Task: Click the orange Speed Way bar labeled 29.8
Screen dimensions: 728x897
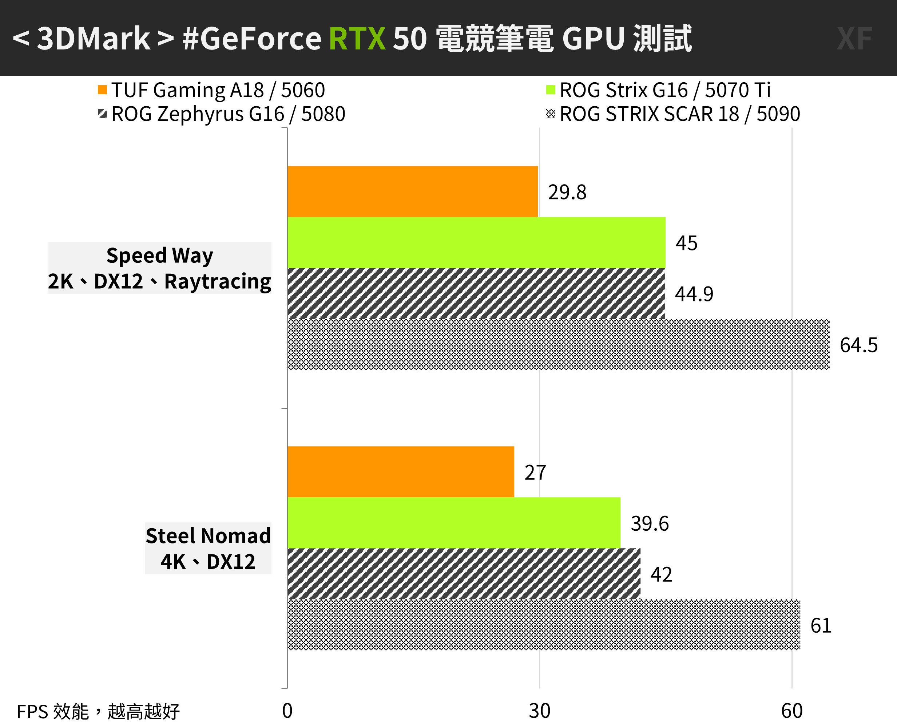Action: [412, 191]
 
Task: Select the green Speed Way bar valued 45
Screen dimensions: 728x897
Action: [476, 242]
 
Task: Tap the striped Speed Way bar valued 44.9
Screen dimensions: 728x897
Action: [476, 293]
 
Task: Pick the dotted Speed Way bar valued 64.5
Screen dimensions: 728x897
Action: [558, 345]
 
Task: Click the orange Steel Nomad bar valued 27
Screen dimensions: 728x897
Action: [401, 472]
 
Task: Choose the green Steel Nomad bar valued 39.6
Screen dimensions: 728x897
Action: [453, 523]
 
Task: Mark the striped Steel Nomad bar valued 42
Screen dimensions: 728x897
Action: [464, 574]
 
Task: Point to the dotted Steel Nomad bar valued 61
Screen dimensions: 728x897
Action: [544, 625]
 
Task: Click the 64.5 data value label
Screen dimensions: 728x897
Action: [858, 345]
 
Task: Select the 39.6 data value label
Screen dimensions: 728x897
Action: [650, 523]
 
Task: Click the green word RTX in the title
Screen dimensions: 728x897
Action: [357, 39]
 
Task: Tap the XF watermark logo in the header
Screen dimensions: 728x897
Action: [854, 39]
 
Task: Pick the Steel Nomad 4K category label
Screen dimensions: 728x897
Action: [208, 548]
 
